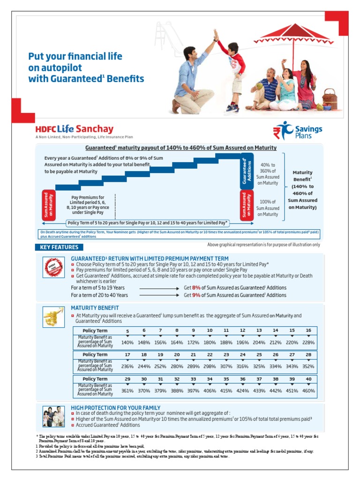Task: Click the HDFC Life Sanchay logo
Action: pyautogui.click(x=75, y=129)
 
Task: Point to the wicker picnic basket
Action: pyautogui.click(x=330, y=98)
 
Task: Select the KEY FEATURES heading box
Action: pyautogui.click(x=59, y=247)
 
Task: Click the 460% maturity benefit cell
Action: pyautogui.click(x=308, y=390)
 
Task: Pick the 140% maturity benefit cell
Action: pyautogui.click(x=127, y=343)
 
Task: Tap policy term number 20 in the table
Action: pyautogui.click(x=177, y=355)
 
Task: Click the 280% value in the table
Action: pyautogui.click(x=177, y=367)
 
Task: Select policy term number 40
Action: pyautogui.click(x=308, y=379)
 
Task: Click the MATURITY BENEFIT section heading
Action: pyautogui.click(x=95, y=308)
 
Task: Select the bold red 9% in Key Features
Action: pyautogui.click(x=196, y=295)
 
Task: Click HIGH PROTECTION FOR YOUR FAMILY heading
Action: pyautogui.click(x=115, y=408)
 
